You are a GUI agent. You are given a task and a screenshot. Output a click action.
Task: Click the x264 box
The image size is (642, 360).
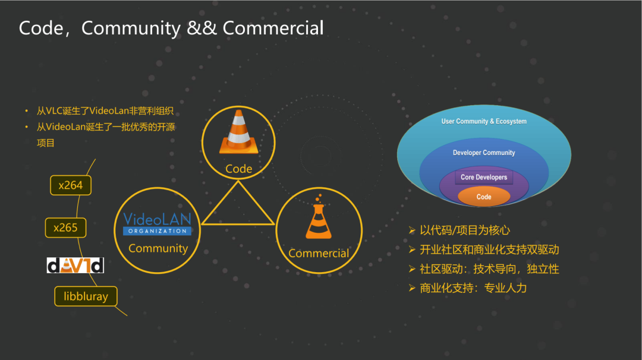click(70, 185)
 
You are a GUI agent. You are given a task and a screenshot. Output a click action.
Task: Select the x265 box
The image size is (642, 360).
click(65, 228)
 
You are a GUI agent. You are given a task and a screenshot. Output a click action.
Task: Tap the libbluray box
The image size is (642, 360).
click(86, 296)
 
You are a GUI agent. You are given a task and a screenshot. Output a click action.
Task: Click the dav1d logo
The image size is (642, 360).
click(75, 265)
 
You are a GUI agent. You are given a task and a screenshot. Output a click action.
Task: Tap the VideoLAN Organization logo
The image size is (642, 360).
click(157, 223)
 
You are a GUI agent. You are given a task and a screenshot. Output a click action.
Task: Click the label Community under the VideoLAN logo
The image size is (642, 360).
click(158, 248)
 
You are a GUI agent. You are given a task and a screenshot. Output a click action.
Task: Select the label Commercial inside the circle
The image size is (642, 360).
click(319, 253)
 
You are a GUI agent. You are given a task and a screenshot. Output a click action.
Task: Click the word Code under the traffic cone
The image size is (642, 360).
click(239, 169)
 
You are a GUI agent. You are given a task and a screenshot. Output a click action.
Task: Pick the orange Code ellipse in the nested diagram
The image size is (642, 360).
click(484, 197)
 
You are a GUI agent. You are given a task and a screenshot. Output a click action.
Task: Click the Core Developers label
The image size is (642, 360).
click(484, 177)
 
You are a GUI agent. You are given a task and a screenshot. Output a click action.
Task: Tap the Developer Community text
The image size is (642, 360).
click(484, 153)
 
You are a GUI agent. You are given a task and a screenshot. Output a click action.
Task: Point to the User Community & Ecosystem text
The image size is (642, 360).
click(484, 121)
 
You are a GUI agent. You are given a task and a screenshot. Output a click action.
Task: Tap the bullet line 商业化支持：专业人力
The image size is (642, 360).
click(473, 288)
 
